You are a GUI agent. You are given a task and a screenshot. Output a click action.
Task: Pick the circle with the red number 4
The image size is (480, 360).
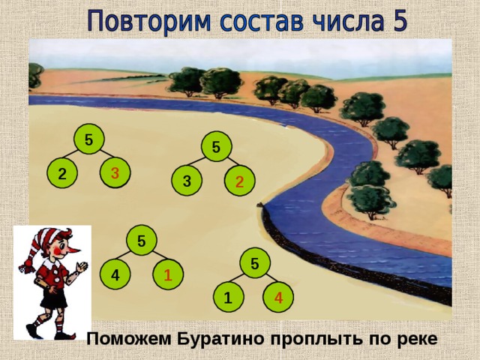coord(277,298)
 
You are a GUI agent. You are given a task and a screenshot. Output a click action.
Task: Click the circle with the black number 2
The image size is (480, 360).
coord(61,174)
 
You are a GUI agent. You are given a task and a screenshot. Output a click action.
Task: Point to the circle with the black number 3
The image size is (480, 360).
coord(186,181)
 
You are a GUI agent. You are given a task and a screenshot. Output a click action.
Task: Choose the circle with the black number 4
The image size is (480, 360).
coord(115,275)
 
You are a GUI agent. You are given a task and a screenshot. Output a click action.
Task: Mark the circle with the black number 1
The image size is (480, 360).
coord(226,298)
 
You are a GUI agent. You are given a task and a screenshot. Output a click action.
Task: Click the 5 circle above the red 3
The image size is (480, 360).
coord(88,139)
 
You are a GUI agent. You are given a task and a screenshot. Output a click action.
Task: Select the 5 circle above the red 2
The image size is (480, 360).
coord(215,147)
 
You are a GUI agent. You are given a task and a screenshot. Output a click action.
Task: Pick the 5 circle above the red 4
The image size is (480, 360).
coord(255,263)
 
